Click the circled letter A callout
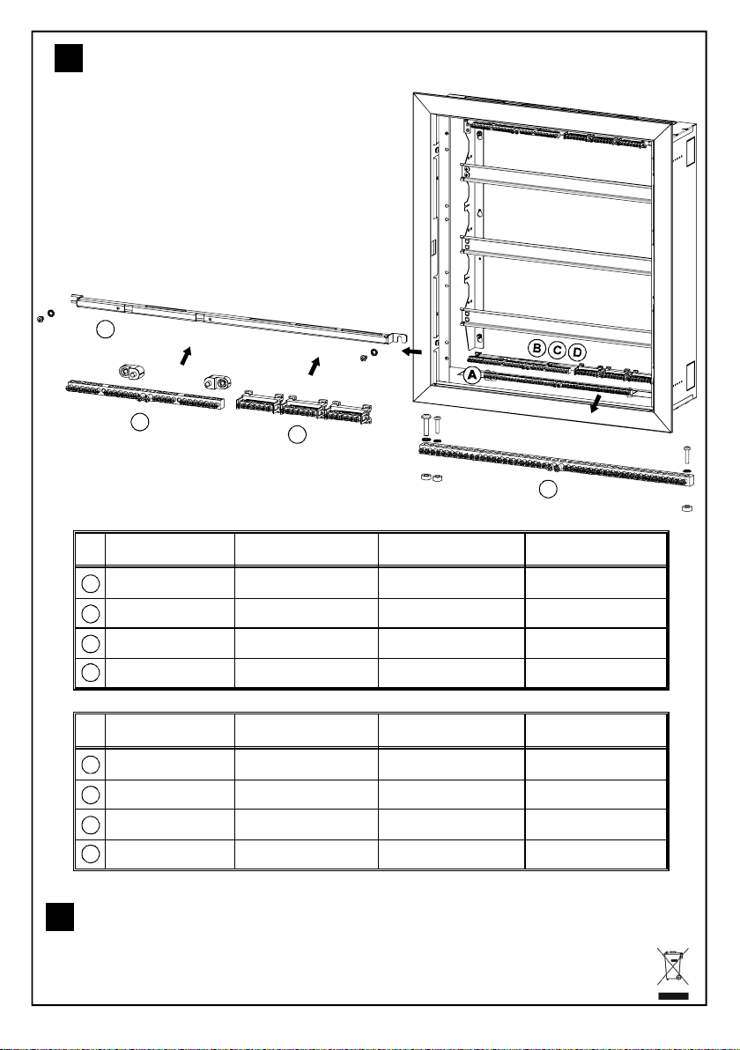tap(472, 375)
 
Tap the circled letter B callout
tap(536, 348)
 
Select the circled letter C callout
tap(557, 351)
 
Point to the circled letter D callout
tap(578, 352)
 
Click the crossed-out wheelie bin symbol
tap(673, 973)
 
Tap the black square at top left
tap(69, 58)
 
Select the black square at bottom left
tap(60, 917)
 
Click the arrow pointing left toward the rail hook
tap(411, 351)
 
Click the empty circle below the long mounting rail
tap(105, 329)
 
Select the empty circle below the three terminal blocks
tap(297, 434)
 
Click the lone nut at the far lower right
tap(685, 508)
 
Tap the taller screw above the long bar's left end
tap(425, 425)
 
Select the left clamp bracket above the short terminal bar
tap(132, 372)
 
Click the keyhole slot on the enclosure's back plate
tap(479, 215)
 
